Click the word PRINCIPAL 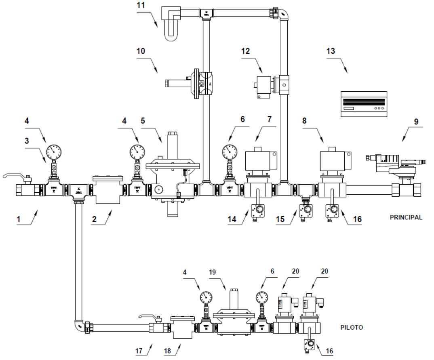[x=406, y=217]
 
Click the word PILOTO [x=352, y=327]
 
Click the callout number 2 [x=94, y=219]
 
